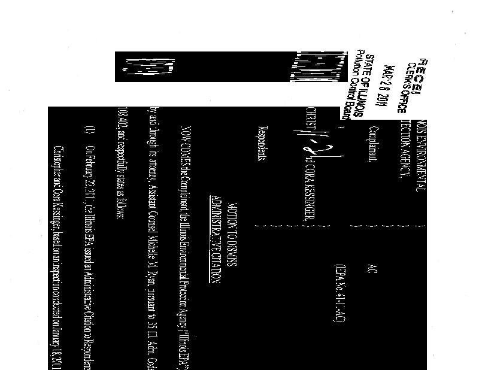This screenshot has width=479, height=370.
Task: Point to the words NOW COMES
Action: tap(186, 142)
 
